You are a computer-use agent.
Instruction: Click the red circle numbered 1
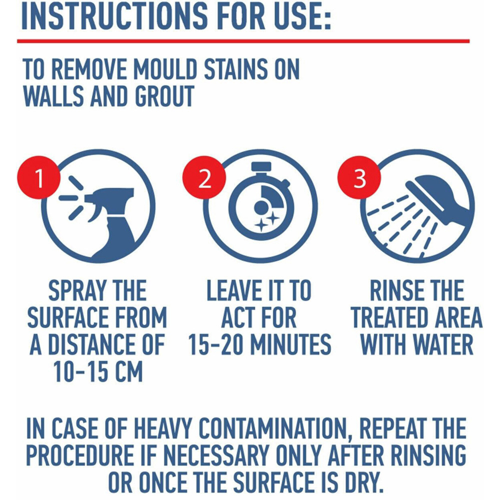point(38,177)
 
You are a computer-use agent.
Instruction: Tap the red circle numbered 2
point(204,177)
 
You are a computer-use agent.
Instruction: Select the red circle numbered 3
point(359,177)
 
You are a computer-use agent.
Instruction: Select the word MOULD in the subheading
point(166,69)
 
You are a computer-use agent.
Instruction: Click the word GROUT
point(164,96)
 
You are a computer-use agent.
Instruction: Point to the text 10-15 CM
point(98,372)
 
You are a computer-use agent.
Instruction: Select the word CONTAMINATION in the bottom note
point(273,428)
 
